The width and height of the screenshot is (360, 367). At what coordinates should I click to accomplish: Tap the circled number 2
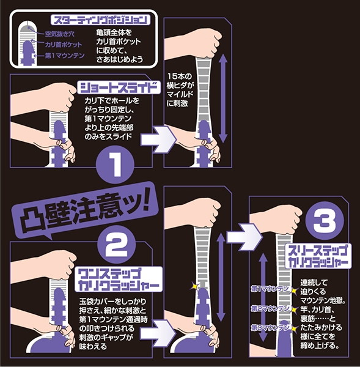pyautogui.click(x=116, y=245)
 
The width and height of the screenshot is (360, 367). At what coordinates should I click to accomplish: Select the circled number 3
pyautogui.click(x=325, y=221)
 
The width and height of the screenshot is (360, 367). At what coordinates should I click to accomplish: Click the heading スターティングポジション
pyautogui.click(x=100, y=20)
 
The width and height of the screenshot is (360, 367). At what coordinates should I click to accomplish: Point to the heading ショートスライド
pyautogui.click(x=119, y=87)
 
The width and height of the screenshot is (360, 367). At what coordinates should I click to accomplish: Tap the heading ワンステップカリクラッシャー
pyautogui.click(x=119, y=280)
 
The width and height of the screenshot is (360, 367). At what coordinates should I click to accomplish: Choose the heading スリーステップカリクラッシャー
pyautogui.click(x=318, y=256)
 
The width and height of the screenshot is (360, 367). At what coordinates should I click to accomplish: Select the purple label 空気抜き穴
pyautogui.click(x=59, y=34)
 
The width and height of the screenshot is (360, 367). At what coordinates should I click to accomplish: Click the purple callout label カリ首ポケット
pyautogui.click(x=64, y=45)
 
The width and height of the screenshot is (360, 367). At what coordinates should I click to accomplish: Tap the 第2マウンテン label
pyautogui.click(x=270, y=309)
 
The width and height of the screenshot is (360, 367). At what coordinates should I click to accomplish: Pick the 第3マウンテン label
pyautogui.click(x=270, y=328)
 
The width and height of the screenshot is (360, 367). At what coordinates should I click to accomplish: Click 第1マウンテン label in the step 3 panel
pyautogui.click(x=270, y=289)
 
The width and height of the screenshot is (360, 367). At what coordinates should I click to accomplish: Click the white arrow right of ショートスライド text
pyautogui.click(x=158, y=139)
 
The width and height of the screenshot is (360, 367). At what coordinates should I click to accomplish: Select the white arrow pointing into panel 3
pyautogui.click(x=244, y=237)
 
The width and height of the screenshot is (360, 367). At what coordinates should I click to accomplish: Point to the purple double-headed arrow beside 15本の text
pyautogui.click(x=223, y=98)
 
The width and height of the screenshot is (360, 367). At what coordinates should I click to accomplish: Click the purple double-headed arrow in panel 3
pyautogui.click(x=263, y=297)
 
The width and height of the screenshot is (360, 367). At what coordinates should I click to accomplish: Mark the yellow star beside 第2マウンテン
pyautogui.click(x=294, y=310)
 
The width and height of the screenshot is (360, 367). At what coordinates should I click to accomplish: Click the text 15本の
pyautogui.click(x=180, y=76)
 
